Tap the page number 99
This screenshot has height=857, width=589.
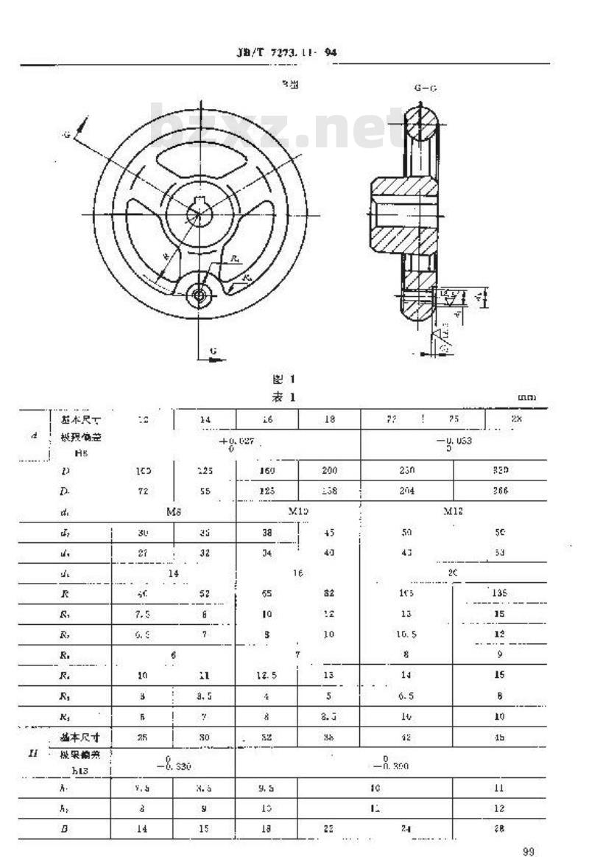click(528, 852)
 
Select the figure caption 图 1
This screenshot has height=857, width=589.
click(283, 380)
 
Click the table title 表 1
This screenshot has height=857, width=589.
click(283, 398)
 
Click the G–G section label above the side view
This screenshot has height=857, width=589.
click(425, 88)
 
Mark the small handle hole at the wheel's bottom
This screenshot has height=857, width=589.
click(198, 295)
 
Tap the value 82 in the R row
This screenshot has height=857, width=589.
click(329, 592)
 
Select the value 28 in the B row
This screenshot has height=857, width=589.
click(500, 828)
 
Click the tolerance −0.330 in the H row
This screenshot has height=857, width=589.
click(173, 766)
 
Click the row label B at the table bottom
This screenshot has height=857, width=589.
click(65, 828)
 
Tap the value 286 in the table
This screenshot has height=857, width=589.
click(500, 489)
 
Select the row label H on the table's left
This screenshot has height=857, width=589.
click(33, 754)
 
